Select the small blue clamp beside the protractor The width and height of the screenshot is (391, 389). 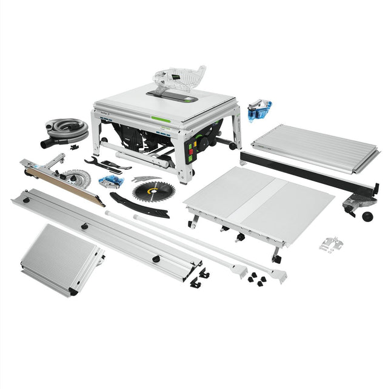(111, 181)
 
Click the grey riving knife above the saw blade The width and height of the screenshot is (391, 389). (145, 178)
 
